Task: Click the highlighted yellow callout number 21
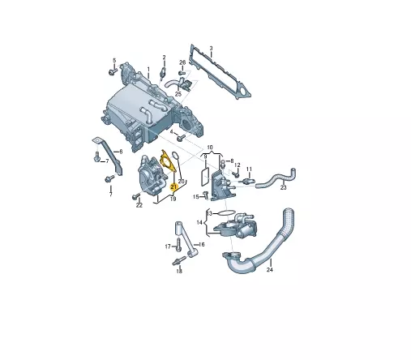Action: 173,186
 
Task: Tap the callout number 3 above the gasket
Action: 212,49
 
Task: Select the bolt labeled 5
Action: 112,71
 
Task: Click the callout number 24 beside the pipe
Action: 270,269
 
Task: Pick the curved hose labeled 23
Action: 276,178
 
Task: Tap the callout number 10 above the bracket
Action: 210,148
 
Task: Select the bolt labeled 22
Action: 136,196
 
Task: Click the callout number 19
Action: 173,199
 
